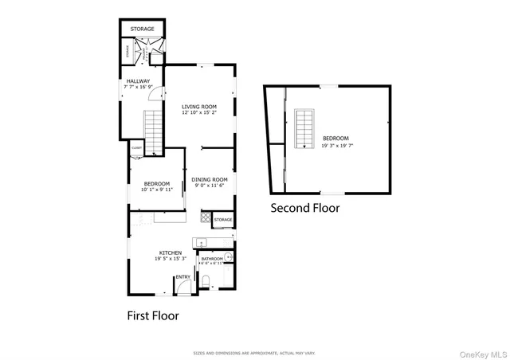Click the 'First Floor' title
click(153, 315)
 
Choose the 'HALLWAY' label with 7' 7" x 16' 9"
click(138, 80)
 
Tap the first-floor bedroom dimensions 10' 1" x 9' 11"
click(156, 190)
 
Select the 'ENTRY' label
click(182, 277)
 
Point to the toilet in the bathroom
click(206, 281)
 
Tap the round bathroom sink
click(228, 256)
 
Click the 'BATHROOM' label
click(211, 259)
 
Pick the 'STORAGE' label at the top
click(143, 29)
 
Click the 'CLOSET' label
click(136, 148)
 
